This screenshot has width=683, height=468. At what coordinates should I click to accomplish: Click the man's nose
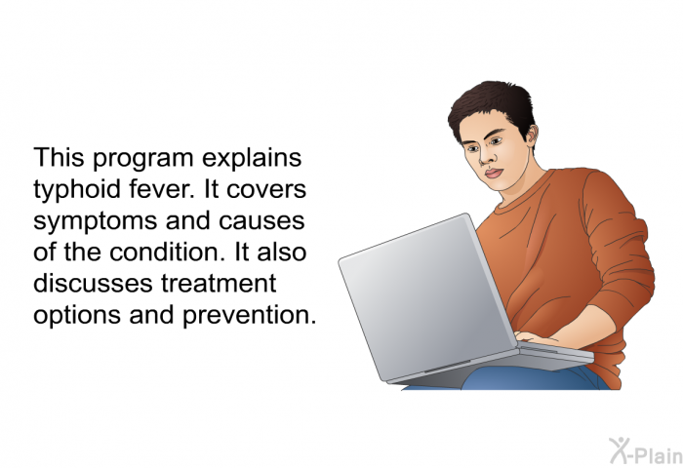(495, 158)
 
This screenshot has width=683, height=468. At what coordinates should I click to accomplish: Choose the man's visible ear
(528, 145)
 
